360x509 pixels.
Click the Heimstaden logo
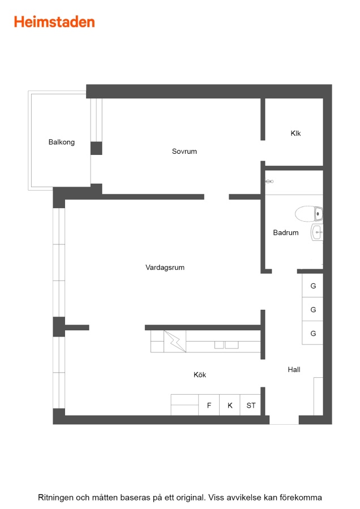[54, 22]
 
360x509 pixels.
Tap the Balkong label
[61, 142]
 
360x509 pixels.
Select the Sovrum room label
[184, 151]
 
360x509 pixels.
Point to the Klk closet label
[295, 133]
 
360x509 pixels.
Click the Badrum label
[286, 232]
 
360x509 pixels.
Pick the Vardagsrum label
[165, 268]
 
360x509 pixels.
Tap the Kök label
[200, 374]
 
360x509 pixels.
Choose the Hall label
[294, 369]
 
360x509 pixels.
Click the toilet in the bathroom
[308, 214]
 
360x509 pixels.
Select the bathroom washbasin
[317, 232]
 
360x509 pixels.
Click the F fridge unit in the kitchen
[209, 405]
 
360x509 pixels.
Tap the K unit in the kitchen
[230, 405]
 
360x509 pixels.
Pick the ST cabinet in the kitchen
[251, 405]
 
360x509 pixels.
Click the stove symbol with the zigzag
[175, 341]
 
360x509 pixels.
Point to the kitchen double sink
[226, 345]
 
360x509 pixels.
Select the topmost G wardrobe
[312, 286]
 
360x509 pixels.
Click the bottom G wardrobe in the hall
[312, 333]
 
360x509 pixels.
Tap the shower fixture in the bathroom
[269, 182]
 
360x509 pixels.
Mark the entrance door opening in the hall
[284, 420]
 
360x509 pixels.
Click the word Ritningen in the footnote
[55, 498]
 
